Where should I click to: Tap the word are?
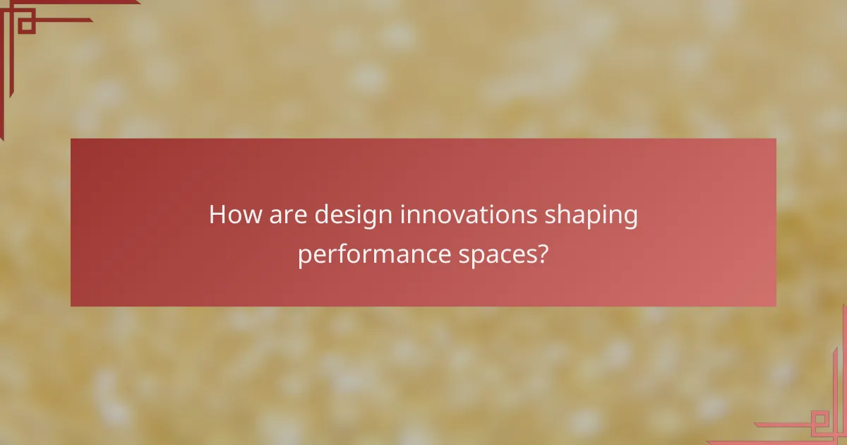click(x=288, y=215)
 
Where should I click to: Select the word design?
click(x=354, y=215)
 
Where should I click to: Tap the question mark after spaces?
click(x=543, y=253)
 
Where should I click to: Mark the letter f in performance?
click(x=340, y=252)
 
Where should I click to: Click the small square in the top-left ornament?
click(x=27, y=25)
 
